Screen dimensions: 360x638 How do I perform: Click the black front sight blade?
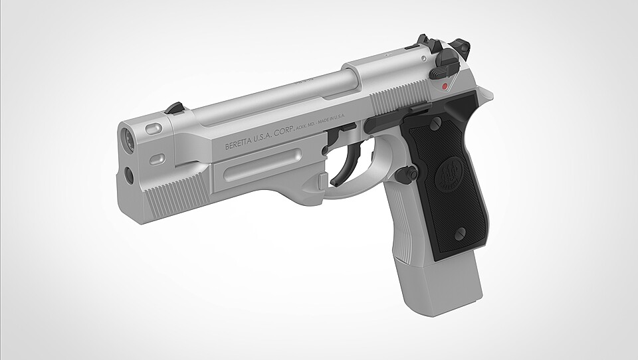pos(175,107)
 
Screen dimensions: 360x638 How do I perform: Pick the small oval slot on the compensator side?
pos(158,159)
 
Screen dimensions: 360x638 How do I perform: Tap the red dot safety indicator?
pos(443,87)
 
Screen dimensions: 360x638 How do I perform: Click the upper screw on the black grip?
pos(435,124)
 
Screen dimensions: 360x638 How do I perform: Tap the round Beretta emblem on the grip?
pos(449,175)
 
